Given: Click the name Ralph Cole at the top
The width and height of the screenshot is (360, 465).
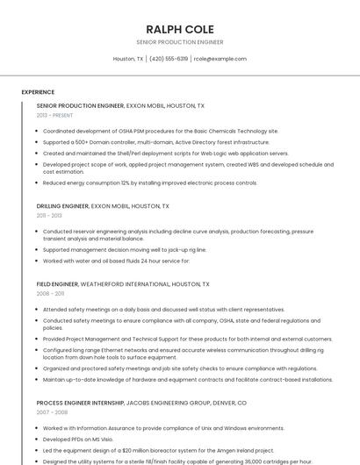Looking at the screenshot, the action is click(179, 28).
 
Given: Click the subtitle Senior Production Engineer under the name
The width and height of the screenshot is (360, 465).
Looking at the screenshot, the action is click(179, 42).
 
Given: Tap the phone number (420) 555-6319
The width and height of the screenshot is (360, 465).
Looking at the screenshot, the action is click(169, 59).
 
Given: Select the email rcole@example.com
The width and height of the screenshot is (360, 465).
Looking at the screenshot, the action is click(220, 59).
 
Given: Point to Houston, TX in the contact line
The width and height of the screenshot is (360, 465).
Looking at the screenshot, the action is click(128, 59).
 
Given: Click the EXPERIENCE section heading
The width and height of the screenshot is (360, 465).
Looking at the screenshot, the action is click(38, 92).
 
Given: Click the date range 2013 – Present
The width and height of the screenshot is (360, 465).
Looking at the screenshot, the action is click(54, 115).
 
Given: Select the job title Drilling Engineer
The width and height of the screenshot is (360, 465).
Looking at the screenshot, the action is click(62, 206).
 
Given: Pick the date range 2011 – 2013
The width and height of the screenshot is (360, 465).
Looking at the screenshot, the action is click(49, 215).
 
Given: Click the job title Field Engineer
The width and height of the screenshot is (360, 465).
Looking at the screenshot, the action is click(57, 284).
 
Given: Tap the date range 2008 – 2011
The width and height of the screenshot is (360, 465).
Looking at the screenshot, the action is click(50, 294).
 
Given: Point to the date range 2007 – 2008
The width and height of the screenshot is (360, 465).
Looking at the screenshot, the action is click(52, 412).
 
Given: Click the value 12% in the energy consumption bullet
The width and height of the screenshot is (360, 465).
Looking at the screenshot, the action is click(125, 183).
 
